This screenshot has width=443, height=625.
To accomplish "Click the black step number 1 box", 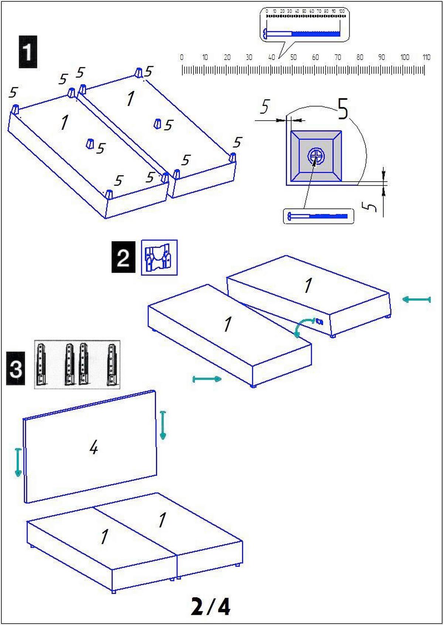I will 28,52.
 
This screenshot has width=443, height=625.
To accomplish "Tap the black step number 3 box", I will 16,368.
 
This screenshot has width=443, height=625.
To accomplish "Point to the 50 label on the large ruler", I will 293,57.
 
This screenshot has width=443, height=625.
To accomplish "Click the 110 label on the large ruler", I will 426,57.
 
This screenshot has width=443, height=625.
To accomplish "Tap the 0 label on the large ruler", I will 182,57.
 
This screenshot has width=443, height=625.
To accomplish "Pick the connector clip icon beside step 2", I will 159,257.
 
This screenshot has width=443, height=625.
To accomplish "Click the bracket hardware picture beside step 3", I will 77,364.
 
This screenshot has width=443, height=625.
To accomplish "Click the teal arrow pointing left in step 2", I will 416,299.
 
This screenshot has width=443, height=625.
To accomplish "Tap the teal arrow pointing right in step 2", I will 207,379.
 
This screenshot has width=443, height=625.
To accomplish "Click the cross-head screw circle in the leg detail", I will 316,156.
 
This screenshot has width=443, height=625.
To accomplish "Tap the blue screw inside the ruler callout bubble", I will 302,34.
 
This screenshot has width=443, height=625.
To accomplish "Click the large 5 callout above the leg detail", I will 343,109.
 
